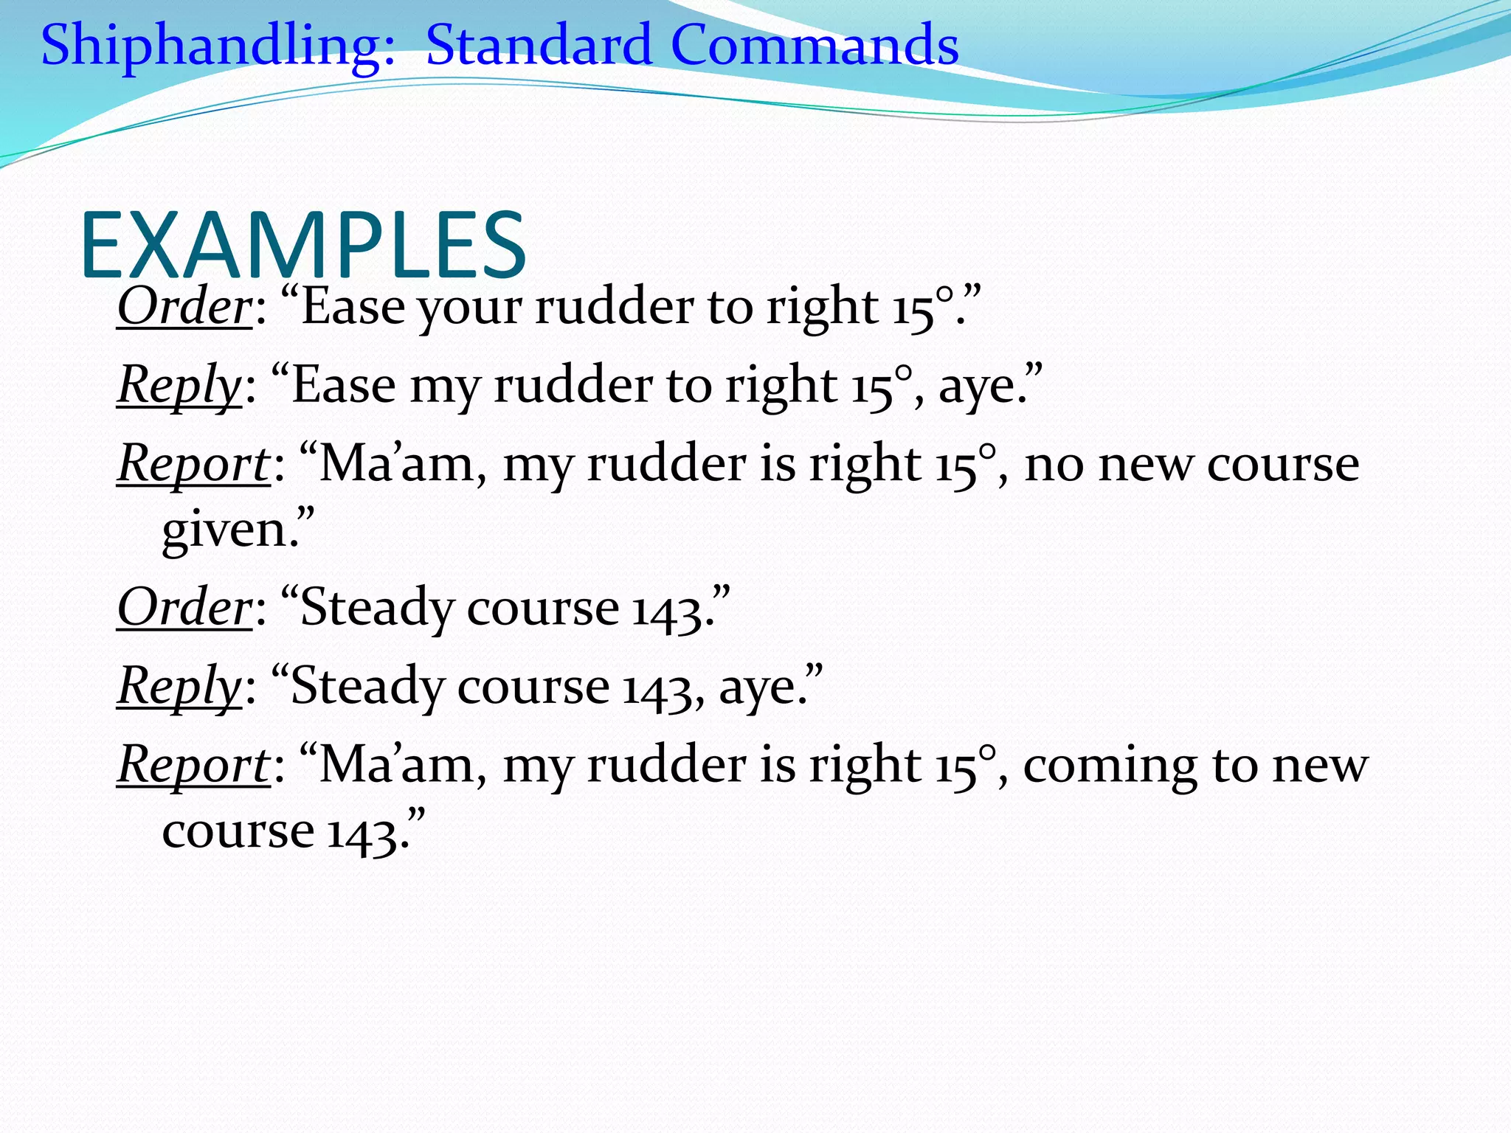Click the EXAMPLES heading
pyautogui.click(x=302, y=245)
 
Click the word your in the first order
pyautogui.click(x=471, y=308)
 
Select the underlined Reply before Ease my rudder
pyautogui.click(x=179, y=387)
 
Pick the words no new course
pyautogui.click(x=1191, y=466)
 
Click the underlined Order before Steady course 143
pyautogui.click(x=184, y=608)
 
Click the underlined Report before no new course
pyautogui.click(x=194, y=465)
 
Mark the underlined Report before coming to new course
pyautogui.click(x=194, y=766)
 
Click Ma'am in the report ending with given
pyautogui.click(x=398, y=465)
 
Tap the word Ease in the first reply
pyautogui.click(x=344, y=387)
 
